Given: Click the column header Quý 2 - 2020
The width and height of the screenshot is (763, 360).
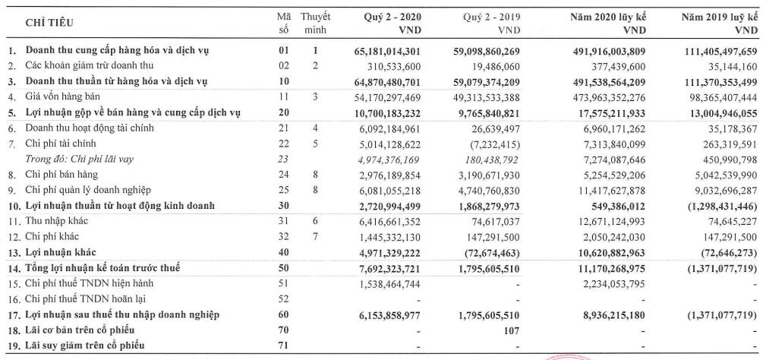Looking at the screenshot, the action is pyautogui.click(x=393, y=17).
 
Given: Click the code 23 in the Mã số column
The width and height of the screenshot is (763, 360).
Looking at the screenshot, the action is pyautogui.click(x=284, y=159).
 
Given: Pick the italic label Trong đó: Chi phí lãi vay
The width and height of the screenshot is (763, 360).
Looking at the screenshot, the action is pyautogui.click(x=79, y=159).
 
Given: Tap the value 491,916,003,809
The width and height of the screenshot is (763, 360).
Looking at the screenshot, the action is pyautogui.click(x=608, y=50).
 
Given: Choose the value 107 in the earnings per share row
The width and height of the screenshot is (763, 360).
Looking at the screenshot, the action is pyautogui.click(x=512, y=330).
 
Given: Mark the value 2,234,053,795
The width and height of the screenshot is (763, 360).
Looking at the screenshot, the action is pyautogui.click(x=614, y=283).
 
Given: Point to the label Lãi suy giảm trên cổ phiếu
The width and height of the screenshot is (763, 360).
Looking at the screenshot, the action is pyautogui.click(x=85, y=346).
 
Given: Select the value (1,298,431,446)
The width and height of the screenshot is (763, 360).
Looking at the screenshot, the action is pyautogui.click(x=722, y=206).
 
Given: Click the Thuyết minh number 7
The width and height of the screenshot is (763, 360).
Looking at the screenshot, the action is pyautogui.click(x=315, y=237).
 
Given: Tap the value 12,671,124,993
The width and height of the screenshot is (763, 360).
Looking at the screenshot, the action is pyautogui.click(x=611, y=221).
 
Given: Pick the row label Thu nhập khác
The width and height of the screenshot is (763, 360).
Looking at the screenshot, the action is pyautogui.click(x=56, y=221).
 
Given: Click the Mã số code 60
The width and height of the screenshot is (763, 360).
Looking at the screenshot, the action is pyautogui.click(x=284, y=314).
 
